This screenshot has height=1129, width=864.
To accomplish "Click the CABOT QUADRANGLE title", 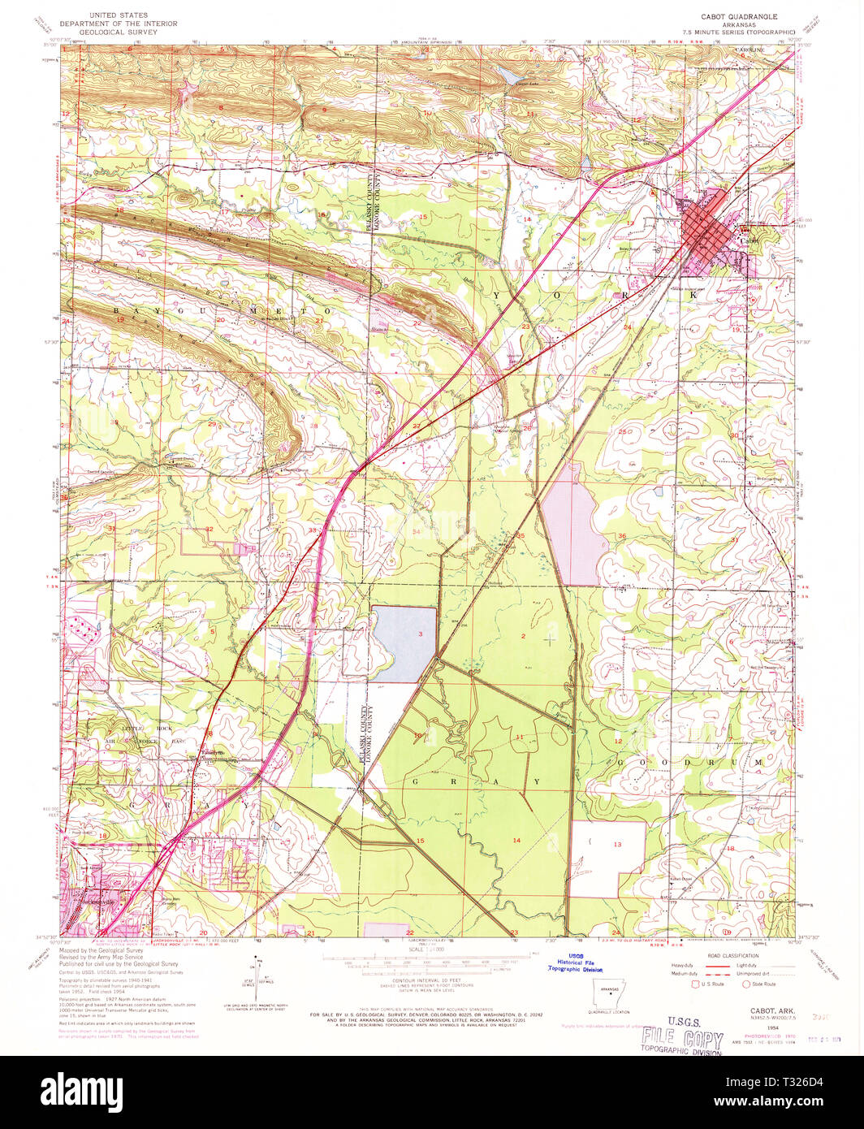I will coord(739,16).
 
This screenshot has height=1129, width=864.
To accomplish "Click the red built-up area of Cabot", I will coord(707,227).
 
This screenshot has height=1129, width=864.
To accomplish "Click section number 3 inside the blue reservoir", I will coord(420,634).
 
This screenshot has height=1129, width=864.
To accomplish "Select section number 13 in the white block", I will coord(616,845).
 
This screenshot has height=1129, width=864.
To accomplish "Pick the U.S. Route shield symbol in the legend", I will coord(695,984).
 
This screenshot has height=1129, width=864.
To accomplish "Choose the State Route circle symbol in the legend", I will coord(746,984).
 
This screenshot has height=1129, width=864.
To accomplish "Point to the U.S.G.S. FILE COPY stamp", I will coord(681,1036).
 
